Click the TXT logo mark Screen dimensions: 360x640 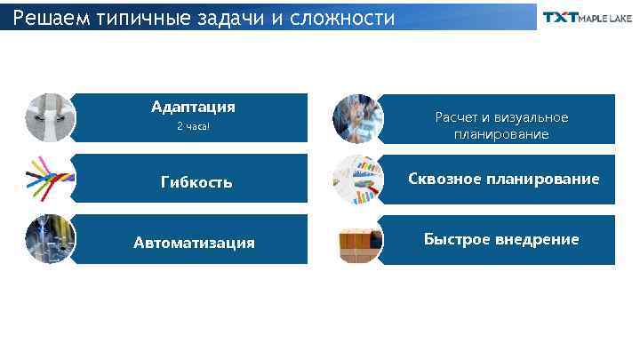[x=560, y=18]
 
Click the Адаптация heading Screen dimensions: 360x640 [x=193, y=107]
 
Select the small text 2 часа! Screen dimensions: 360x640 [x=193, y=126]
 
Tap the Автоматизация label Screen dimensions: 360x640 [x=194, y=243]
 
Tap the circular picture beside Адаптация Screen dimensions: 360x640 [x=51, y=118]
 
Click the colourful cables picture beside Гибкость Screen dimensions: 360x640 [x=51, y=179]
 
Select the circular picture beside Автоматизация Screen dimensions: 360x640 [x=51, y=239]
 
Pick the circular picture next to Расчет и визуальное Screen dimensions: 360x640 [x=357, y=118]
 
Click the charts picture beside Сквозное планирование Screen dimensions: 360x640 [x=357, y=180]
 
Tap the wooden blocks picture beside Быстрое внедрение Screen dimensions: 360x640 [x=357, y=240]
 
